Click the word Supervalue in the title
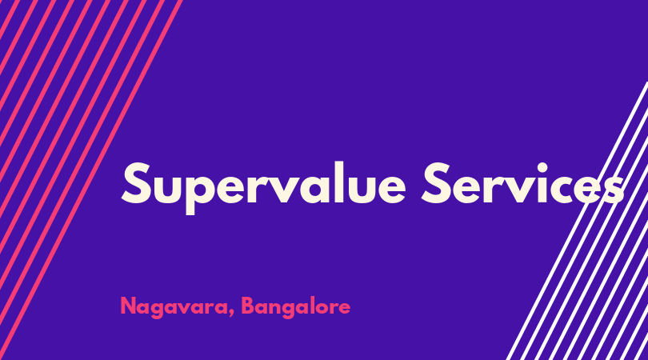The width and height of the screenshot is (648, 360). coord(263,188)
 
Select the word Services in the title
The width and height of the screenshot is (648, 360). coord(522,183)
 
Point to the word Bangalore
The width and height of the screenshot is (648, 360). coord(295,307)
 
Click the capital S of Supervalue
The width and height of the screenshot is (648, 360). coord(136,183)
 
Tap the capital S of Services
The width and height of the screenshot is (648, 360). coord(436,183)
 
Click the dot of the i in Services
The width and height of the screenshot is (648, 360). coord(542,166)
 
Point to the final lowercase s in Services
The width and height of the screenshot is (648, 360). coord(614,189)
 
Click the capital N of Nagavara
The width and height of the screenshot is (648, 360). coord(128,306)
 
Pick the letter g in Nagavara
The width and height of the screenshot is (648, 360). coord(159,310)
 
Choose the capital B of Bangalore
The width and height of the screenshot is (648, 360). coord(248,306)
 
